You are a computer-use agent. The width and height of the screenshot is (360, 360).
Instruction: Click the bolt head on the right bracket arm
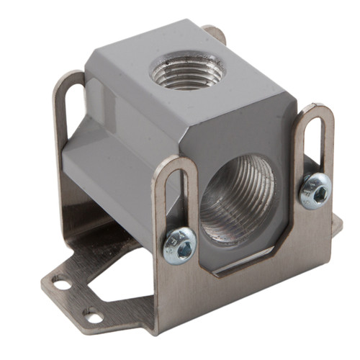(x=316, y=190)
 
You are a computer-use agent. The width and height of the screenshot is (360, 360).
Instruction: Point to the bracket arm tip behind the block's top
(x=215, y=32)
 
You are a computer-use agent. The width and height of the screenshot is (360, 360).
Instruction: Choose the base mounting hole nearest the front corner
(x=91, y=315)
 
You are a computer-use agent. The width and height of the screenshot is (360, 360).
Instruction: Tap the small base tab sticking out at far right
(x=336, y=225)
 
